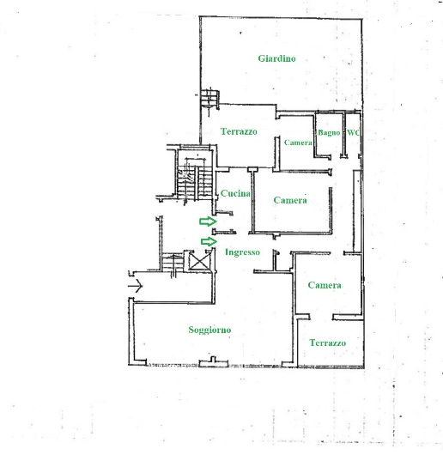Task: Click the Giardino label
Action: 276,58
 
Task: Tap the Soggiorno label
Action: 209,330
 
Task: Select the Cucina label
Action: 235,193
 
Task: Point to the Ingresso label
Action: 242,252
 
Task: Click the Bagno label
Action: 329,133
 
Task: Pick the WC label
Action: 353,132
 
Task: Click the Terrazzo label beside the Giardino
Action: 239,131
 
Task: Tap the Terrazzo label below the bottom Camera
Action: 328,343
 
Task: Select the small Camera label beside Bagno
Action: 298,143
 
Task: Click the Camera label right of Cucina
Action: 290,200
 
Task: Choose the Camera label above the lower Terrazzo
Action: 325,285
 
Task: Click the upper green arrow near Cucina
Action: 208,221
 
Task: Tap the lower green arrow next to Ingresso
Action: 209,241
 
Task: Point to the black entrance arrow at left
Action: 136,286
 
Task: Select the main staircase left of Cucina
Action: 194,182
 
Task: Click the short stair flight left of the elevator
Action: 173,262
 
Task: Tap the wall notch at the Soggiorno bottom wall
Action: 212,361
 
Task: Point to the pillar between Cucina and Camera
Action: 252,169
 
